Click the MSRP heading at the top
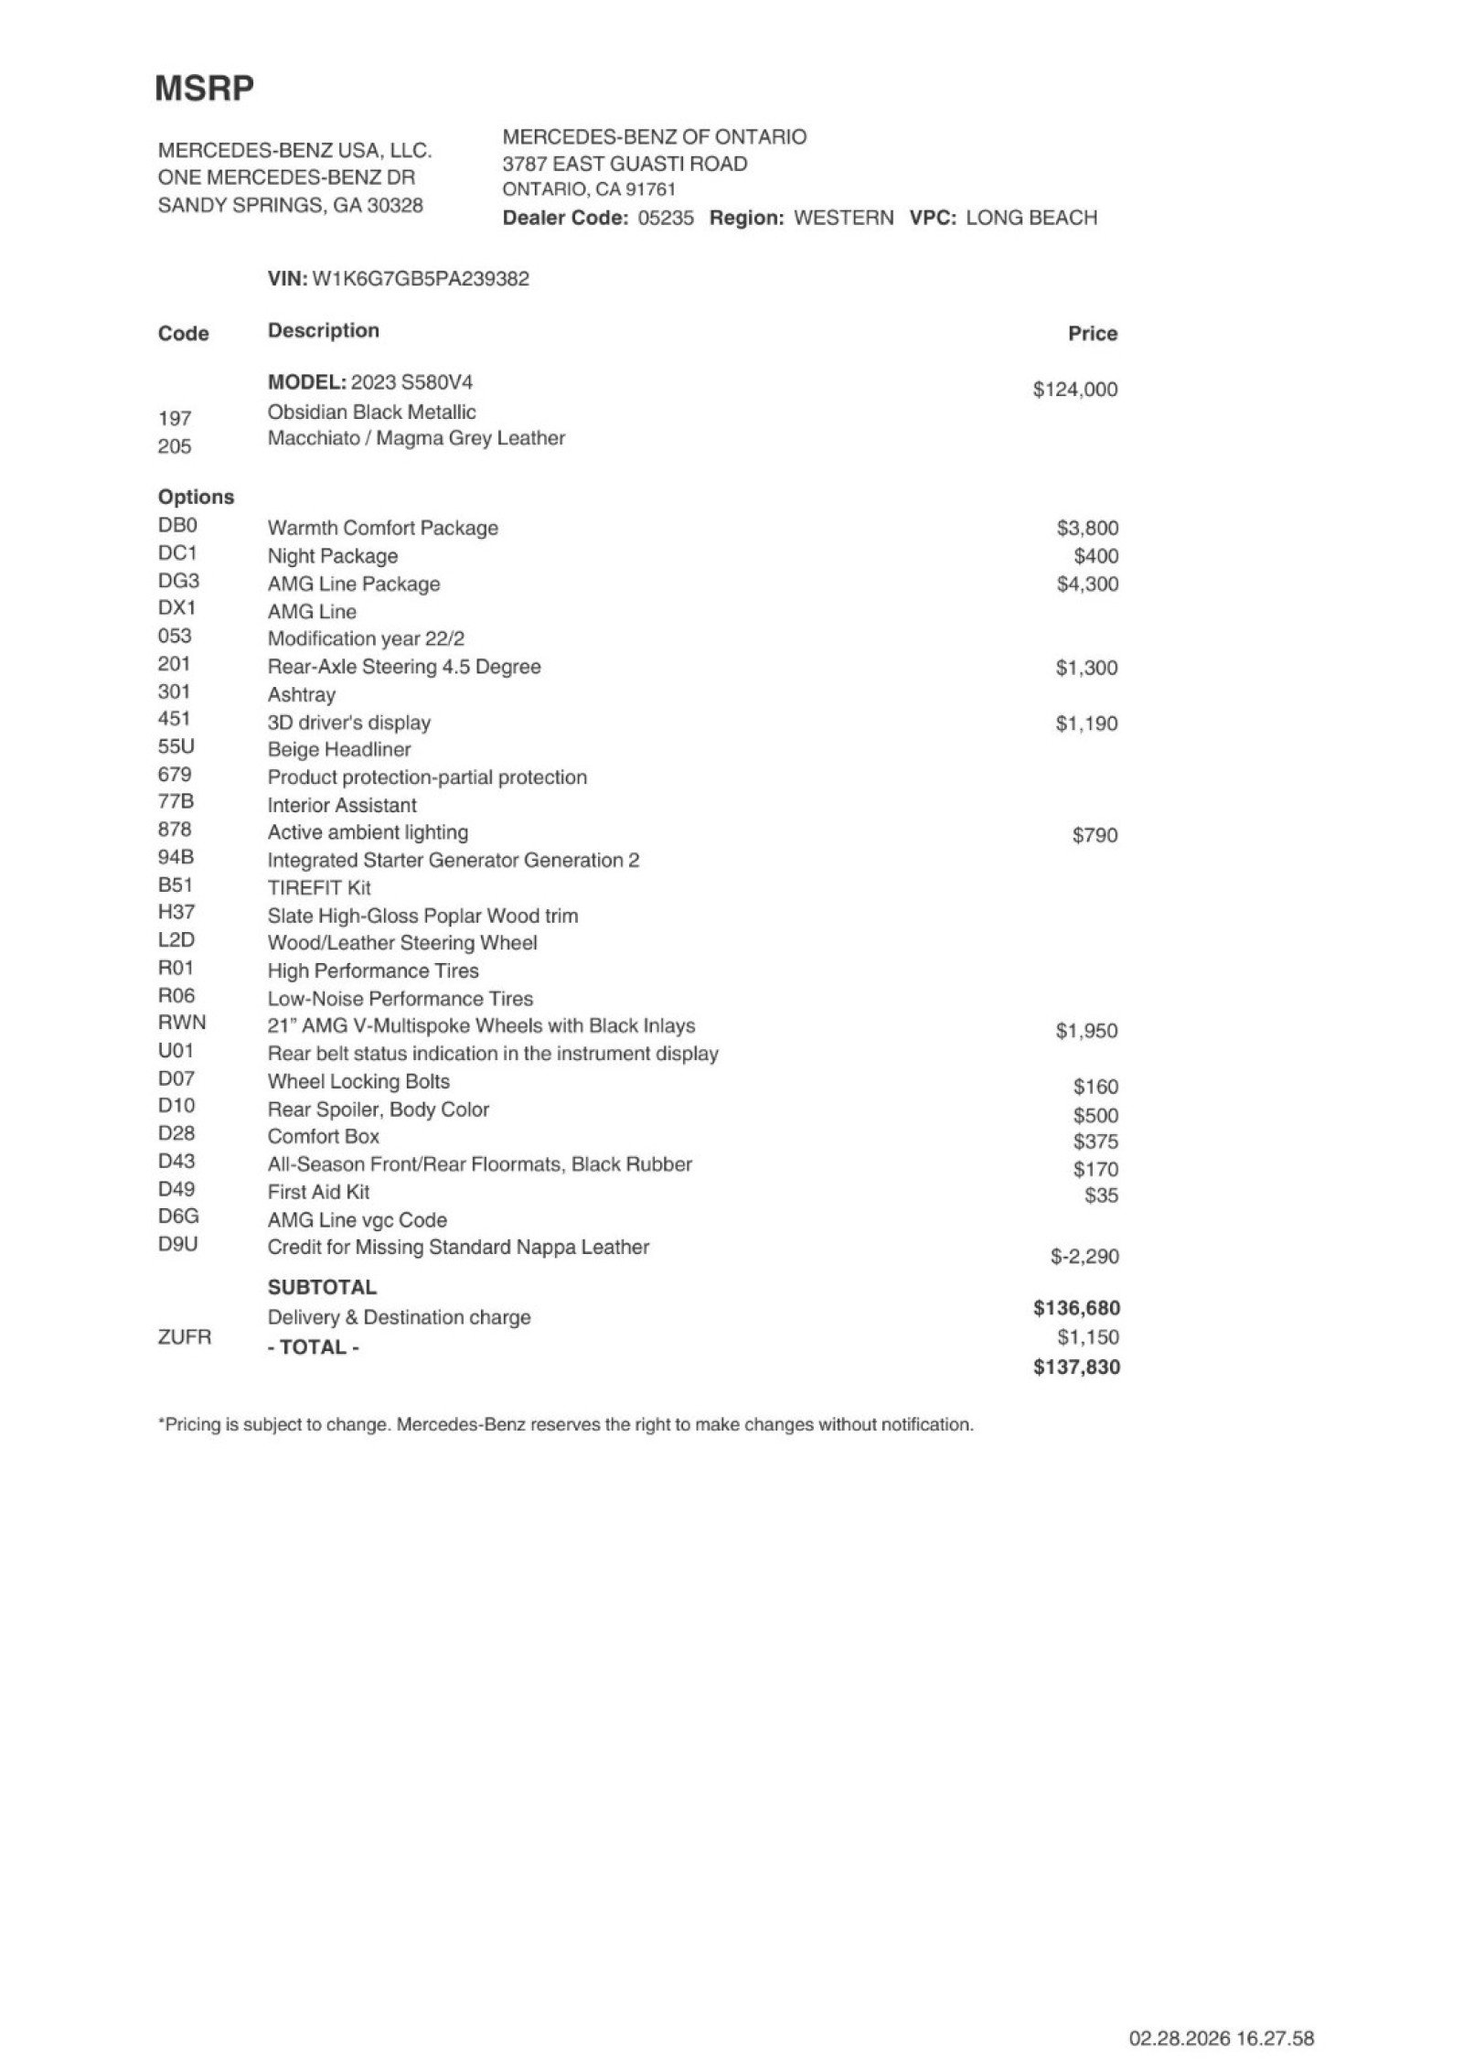(204, 89)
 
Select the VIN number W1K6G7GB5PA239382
(421, 279)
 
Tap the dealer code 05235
(665, 218)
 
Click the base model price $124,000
(1074, 390)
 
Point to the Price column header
(1092, 334)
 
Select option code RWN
(182, 1023)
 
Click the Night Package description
(332, 556)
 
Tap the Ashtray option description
(301, 694)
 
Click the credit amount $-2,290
(1084, 1257)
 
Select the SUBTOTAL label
(322, 1287)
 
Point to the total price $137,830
(1076, 1367)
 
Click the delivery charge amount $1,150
(1087, 1337)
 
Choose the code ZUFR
(184, 1337)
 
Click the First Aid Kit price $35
(1101, 1195)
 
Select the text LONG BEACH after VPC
(1031, 218)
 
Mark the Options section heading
(196, 497)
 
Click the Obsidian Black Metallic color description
(371, 412)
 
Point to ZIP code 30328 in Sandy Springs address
(395, 205)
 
